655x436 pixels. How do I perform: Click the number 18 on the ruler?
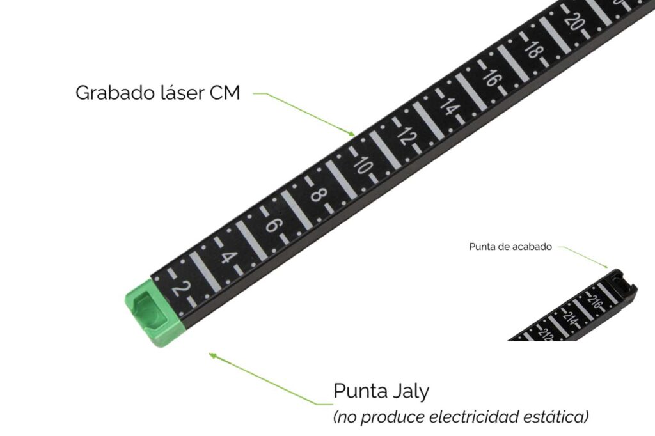(532, 49)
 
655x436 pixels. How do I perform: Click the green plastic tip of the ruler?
(152, 313)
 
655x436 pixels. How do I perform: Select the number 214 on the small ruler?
(570, 317)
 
